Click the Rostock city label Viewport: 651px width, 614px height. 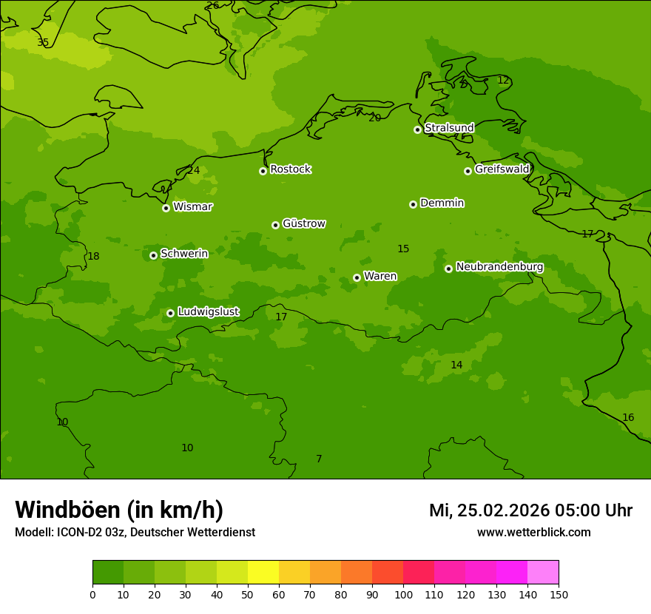coord(290,169)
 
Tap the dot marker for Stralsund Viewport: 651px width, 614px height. coord(417,129)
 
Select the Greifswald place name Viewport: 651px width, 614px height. coord(502,169)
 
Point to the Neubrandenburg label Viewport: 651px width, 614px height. coord(499,267)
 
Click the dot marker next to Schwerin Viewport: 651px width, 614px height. coord(153,255)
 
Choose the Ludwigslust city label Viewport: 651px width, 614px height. coord(208,312)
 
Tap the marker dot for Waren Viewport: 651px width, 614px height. coord(357,277)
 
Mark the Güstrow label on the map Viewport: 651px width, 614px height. coord(303,223)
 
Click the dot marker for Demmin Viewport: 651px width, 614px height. coord(413,204)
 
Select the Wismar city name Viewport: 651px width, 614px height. coord(192,207)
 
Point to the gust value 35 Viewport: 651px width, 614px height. coord(43,43)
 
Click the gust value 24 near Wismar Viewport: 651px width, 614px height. coord(194,171)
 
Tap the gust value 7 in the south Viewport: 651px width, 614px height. coord(319,459)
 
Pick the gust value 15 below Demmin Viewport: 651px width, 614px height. coord(403,249)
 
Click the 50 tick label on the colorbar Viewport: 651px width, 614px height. coord(248,595)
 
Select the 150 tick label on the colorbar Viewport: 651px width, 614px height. coord(559,595)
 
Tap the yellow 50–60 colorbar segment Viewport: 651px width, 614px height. coord(263,573)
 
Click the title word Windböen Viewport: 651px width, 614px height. coord(67,510)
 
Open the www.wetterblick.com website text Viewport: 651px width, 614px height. coord(533,533)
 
